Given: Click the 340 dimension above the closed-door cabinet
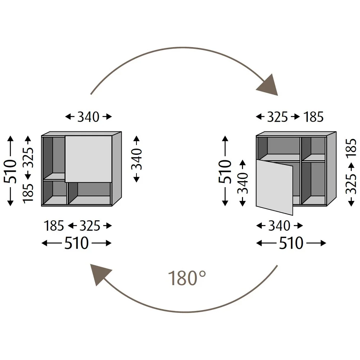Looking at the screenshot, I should [88, 117].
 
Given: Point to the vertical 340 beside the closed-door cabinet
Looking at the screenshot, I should [136, 159].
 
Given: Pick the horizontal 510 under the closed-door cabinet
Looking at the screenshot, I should [76, 244].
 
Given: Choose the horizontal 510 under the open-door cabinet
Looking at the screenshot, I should [291, 244].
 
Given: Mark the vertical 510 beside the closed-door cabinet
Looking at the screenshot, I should [10, 171].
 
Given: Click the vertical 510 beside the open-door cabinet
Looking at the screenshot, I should [225, 171].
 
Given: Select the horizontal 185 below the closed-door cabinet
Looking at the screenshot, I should [54, 226].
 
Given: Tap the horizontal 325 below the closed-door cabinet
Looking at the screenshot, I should [90, 226].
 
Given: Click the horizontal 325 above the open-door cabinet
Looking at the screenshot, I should [277, 117].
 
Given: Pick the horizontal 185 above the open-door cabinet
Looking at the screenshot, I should [314, 117].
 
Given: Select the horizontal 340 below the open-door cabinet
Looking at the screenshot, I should [279, 226].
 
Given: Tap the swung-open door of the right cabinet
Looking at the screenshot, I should [275, 186].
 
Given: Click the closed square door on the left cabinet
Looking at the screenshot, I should [88, 159].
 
